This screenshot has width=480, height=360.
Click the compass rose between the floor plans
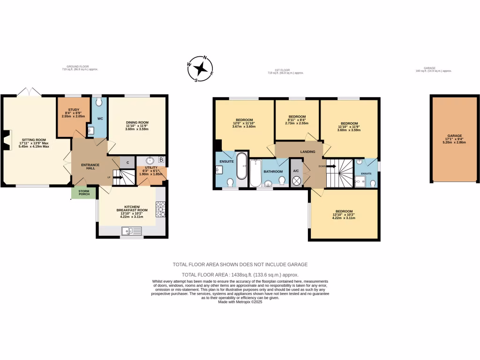coord(201,69)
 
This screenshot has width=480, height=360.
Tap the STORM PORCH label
coord(84,192)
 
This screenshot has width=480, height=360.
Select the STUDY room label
coord(73,112)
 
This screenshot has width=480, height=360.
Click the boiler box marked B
coord(161,160)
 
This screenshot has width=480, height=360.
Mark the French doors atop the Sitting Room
coord(29,92)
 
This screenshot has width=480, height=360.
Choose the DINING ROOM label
coord(137,122)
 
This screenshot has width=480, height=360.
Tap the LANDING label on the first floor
coord(308,152)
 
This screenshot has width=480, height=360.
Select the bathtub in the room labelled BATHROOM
coord(255,173)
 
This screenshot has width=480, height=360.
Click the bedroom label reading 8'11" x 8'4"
coord(297,120)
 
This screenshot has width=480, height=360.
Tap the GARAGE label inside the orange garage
coord(455,136)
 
